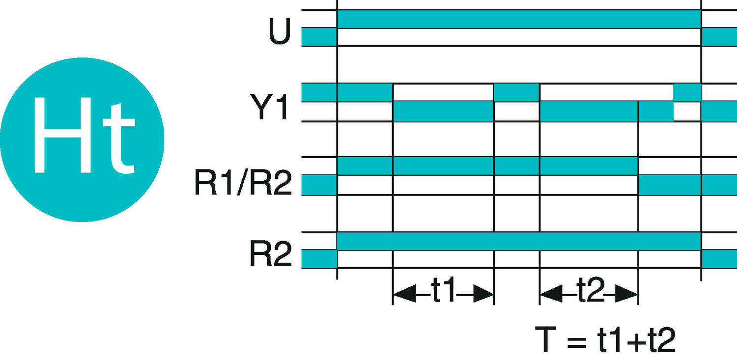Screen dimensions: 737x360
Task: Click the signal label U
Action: point(280,31)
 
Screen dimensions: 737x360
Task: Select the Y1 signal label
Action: point(270,107)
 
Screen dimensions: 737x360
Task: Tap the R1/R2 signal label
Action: point(243,183)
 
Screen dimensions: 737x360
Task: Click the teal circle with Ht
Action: point(82,139)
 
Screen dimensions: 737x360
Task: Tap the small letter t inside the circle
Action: point(119,138)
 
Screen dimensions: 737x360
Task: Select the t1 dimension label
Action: point(444,289)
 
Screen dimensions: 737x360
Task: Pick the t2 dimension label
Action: point(591,289)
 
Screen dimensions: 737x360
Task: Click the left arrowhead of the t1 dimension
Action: point(404,294)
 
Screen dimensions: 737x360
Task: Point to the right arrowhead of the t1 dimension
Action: point(483,294)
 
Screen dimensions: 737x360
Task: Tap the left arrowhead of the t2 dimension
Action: point(551,294)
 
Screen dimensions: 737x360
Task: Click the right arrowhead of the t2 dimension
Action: point(627,294)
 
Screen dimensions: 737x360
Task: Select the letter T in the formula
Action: point(545,339)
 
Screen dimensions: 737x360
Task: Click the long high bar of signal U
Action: point(519,19)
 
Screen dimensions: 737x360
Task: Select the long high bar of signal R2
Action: point(519,241)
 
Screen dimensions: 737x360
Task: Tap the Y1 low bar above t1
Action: point(443,111)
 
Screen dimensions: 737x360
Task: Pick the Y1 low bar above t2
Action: point(589,111)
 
